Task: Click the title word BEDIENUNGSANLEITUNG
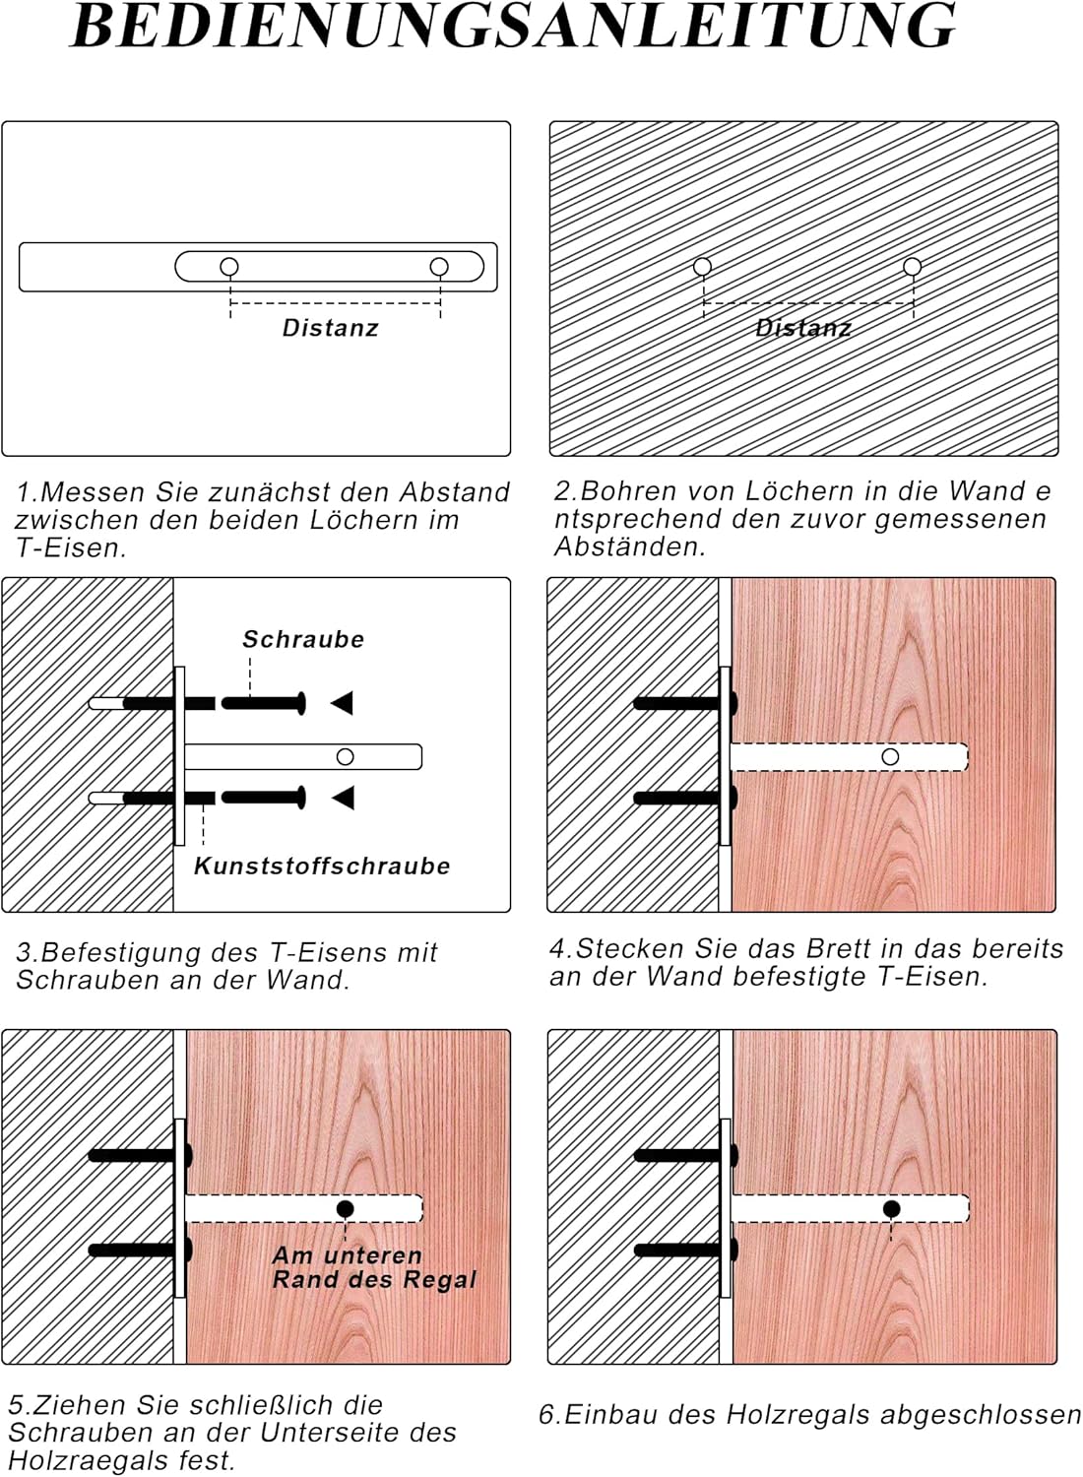coord(513,26)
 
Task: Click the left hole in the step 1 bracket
coord(229,267)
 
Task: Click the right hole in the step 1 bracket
coord(439,267)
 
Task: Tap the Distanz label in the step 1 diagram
coord(330,328)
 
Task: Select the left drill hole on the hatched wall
coord(702,267)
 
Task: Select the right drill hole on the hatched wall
coord(912,267)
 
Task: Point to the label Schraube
coord(303,639)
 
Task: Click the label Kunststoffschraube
coord(322,867)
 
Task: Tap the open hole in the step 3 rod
coord(345,757)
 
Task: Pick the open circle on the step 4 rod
coord(890,757)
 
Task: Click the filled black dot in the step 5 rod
coord(345,1209)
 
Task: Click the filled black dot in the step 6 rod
coord(891,1209)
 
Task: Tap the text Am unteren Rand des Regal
coord(374,1267)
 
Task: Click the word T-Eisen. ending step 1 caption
coord(71,548)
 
